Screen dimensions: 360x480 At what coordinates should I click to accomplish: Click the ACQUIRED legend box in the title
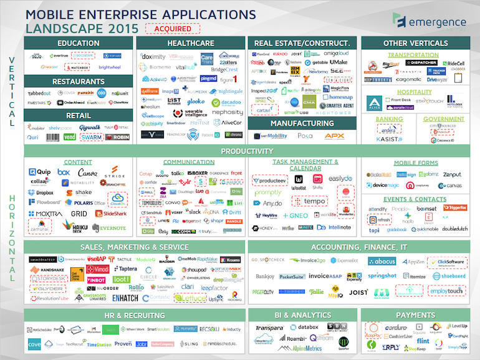point(172,28)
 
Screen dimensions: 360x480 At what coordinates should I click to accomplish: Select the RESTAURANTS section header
point(78,82)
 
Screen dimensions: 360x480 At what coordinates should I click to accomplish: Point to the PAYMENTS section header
point(415,315)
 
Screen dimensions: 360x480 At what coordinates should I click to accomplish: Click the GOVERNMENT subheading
point(444,119)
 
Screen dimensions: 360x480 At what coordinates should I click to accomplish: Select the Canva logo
point(87,173)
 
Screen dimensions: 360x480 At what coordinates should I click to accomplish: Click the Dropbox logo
point(41,193)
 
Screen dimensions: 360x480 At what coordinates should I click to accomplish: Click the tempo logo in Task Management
point(309,201)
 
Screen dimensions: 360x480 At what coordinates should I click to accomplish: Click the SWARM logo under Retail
point(91,136)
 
